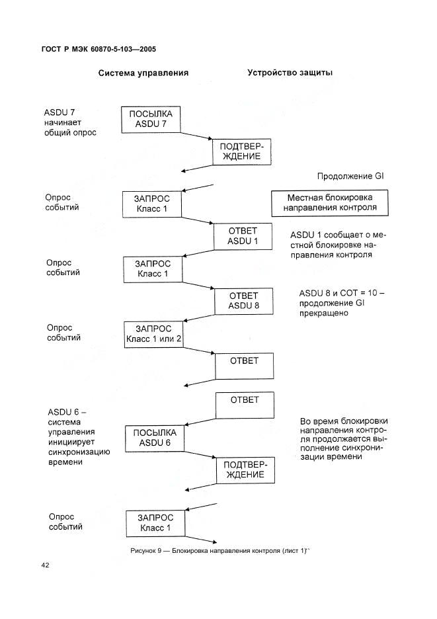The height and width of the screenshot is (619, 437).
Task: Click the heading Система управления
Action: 143,73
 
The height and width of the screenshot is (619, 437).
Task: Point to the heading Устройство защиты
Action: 290,73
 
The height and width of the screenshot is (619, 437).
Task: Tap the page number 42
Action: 46,565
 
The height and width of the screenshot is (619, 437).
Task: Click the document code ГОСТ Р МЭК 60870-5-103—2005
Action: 99,50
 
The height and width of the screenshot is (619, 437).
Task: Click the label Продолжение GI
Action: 350,176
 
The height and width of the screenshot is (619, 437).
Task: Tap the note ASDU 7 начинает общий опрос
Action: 70,122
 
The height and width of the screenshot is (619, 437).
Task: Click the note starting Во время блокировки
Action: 343,438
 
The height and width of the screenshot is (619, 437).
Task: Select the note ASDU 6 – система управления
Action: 79,437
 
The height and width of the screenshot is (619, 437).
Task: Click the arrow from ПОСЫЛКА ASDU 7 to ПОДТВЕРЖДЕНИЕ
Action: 196,136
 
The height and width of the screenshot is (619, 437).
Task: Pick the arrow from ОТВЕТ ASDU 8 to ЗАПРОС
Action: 199,318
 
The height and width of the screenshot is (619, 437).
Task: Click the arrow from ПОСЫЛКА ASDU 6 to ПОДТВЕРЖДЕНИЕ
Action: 200,455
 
